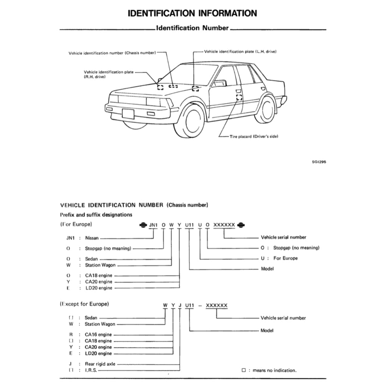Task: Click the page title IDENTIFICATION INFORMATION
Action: (x=192, y=13)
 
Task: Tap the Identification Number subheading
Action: (x=192, y=28)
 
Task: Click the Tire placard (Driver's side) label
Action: (x=254, y=136)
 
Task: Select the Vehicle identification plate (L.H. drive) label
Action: (x=240, y=51)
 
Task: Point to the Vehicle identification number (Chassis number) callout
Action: (x=112, y=53)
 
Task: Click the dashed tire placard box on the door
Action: (x=239, y=97)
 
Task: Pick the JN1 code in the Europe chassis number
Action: (x=153, y=225)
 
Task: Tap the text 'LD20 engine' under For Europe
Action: (x=98, y=288)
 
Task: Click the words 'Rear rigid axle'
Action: (x=100, y=364)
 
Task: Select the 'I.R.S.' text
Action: (x=91, y=370)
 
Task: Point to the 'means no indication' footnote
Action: (x=274, y=370)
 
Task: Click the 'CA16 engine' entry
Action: (x=98, y=335)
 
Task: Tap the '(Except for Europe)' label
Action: (x=85, y=304)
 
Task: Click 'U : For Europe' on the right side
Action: (x=279, y=258)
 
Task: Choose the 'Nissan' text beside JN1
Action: (x=92, y=238)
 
